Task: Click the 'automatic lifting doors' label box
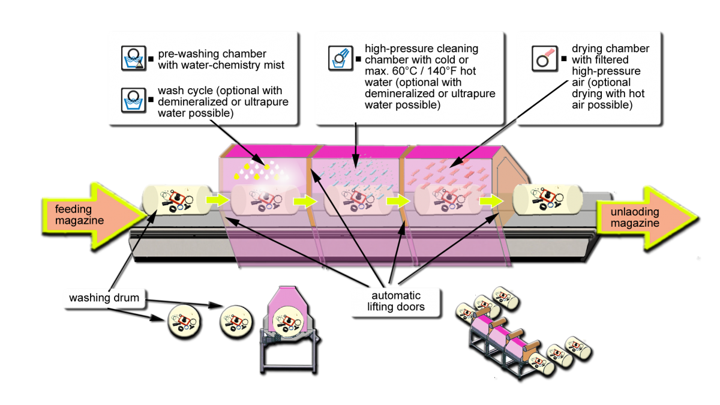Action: pyautogui.click(x=388, y=301)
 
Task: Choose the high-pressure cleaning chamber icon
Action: pyautogui.click(x=340, y=58)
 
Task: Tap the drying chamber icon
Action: pyautogui.click(x=543, y=58)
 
